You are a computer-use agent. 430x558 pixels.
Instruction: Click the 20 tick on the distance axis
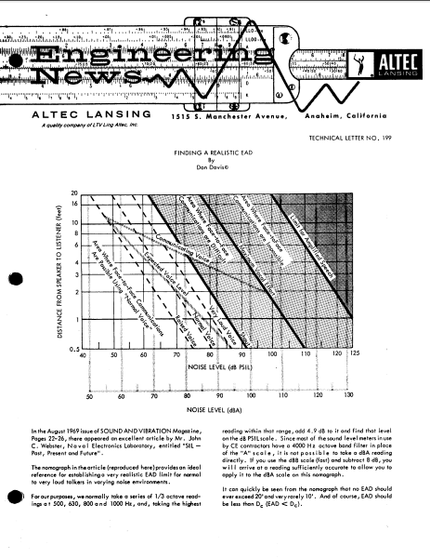click(75, 192)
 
